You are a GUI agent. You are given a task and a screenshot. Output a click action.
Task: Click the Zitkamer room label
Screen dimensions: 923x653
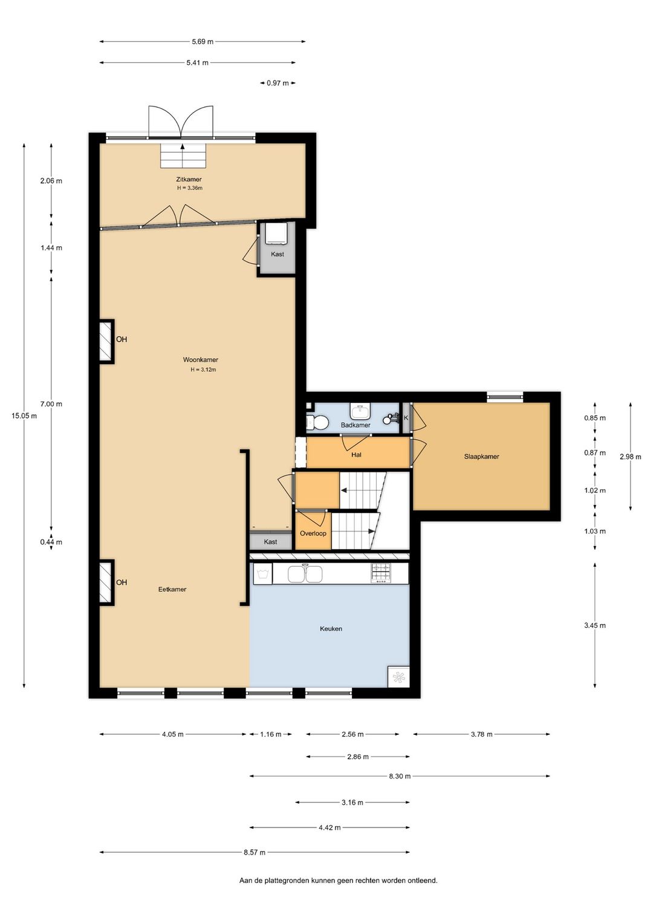coord(189,179)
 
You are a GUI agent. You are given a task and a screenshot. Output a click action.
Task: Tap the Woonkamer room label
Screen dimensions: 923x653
coord(201,359)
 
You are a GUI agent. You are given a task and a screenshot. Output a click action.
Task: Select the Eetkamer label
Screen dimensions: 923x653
coord(172,589)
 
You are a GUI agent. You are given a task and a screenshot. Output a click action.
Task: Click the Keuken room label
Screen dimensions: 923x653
coord(331,628)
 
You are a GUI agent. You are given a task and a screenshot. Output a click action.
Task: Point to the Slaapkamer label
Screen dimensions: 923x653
coord(481,457)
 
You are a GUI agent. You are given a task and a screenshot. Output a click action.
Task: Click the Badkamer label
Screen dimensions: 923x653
coord(355,425)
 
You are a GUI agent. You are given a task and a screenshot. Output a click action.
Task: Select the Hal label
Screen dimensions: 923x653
coord(356,455)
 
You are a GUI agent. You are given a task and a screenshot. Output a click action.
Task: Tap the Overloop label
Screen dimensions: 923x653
coord(313,533)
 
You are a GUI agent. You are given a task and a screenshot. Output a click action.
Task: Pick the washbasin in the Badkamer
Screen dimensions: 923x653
coord(360,411)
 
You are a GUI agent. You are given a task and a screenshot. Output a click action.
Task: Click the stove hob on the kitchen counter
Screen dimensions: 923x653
coord(381,573)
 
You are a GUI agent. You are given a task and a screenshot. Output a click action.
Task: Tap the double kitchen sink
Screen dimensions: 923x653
coord(305,573)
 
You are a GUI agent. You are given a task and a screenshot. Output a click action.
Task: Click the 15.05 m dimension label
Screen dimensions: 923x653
coord(24,416)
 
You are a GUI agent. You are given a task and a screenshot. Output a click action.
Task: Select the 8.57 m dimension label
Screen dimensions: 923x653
coord(255,852)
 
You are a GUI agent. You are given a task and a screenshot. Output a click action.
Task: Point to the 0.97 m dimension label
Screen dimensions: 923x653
coord(278,83)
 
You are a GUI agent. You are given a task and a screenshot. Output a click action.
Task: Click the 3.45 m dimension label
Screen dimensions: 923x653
coord(594,625)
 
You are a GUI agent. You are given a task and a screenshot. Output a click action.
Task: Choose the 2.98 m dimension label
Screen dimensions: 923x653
coord(630,457)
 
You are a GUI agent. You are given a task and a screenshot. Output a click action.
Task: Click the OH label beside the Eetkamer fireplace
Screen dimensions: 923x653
coord(122,582)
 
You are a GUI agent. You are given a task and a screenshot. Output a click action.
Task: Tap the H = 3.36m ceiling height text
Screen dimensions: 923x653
coord(190,188)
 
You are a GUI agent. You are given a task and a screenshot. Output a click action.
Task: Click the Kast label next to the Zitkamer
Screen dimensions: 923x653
coord(277,254)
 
